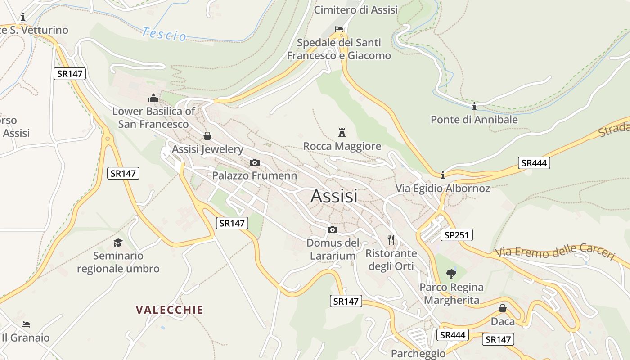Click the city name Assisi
[334, 196]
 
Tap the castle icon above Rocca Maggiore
[342, 133]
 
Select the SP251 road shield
[456, 234]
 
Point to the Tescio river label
[164, 34]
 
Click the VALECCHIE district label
[170, 310]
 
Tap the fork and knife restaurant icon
[391, 240]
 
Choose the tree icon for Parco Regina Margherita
[451, 274]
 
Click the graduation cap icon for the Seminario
[118, 243]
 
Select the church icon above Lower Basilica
[153, 98]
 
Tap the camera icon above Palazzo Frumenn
[254, 162]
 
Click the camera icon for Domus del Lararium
[333, 230]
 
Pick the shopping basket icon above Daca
[503, 308]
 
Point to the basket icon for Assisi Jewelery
[207, 136]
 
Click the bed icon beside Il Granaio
[26, 324]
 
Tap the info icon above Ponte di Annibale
[474, 107]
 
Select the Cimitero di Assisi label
[355, 10]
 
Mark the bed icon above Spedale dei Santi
[339, 30]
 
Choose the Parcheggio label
[418, 353]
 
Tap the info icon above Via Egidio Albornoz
[443, 175]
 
